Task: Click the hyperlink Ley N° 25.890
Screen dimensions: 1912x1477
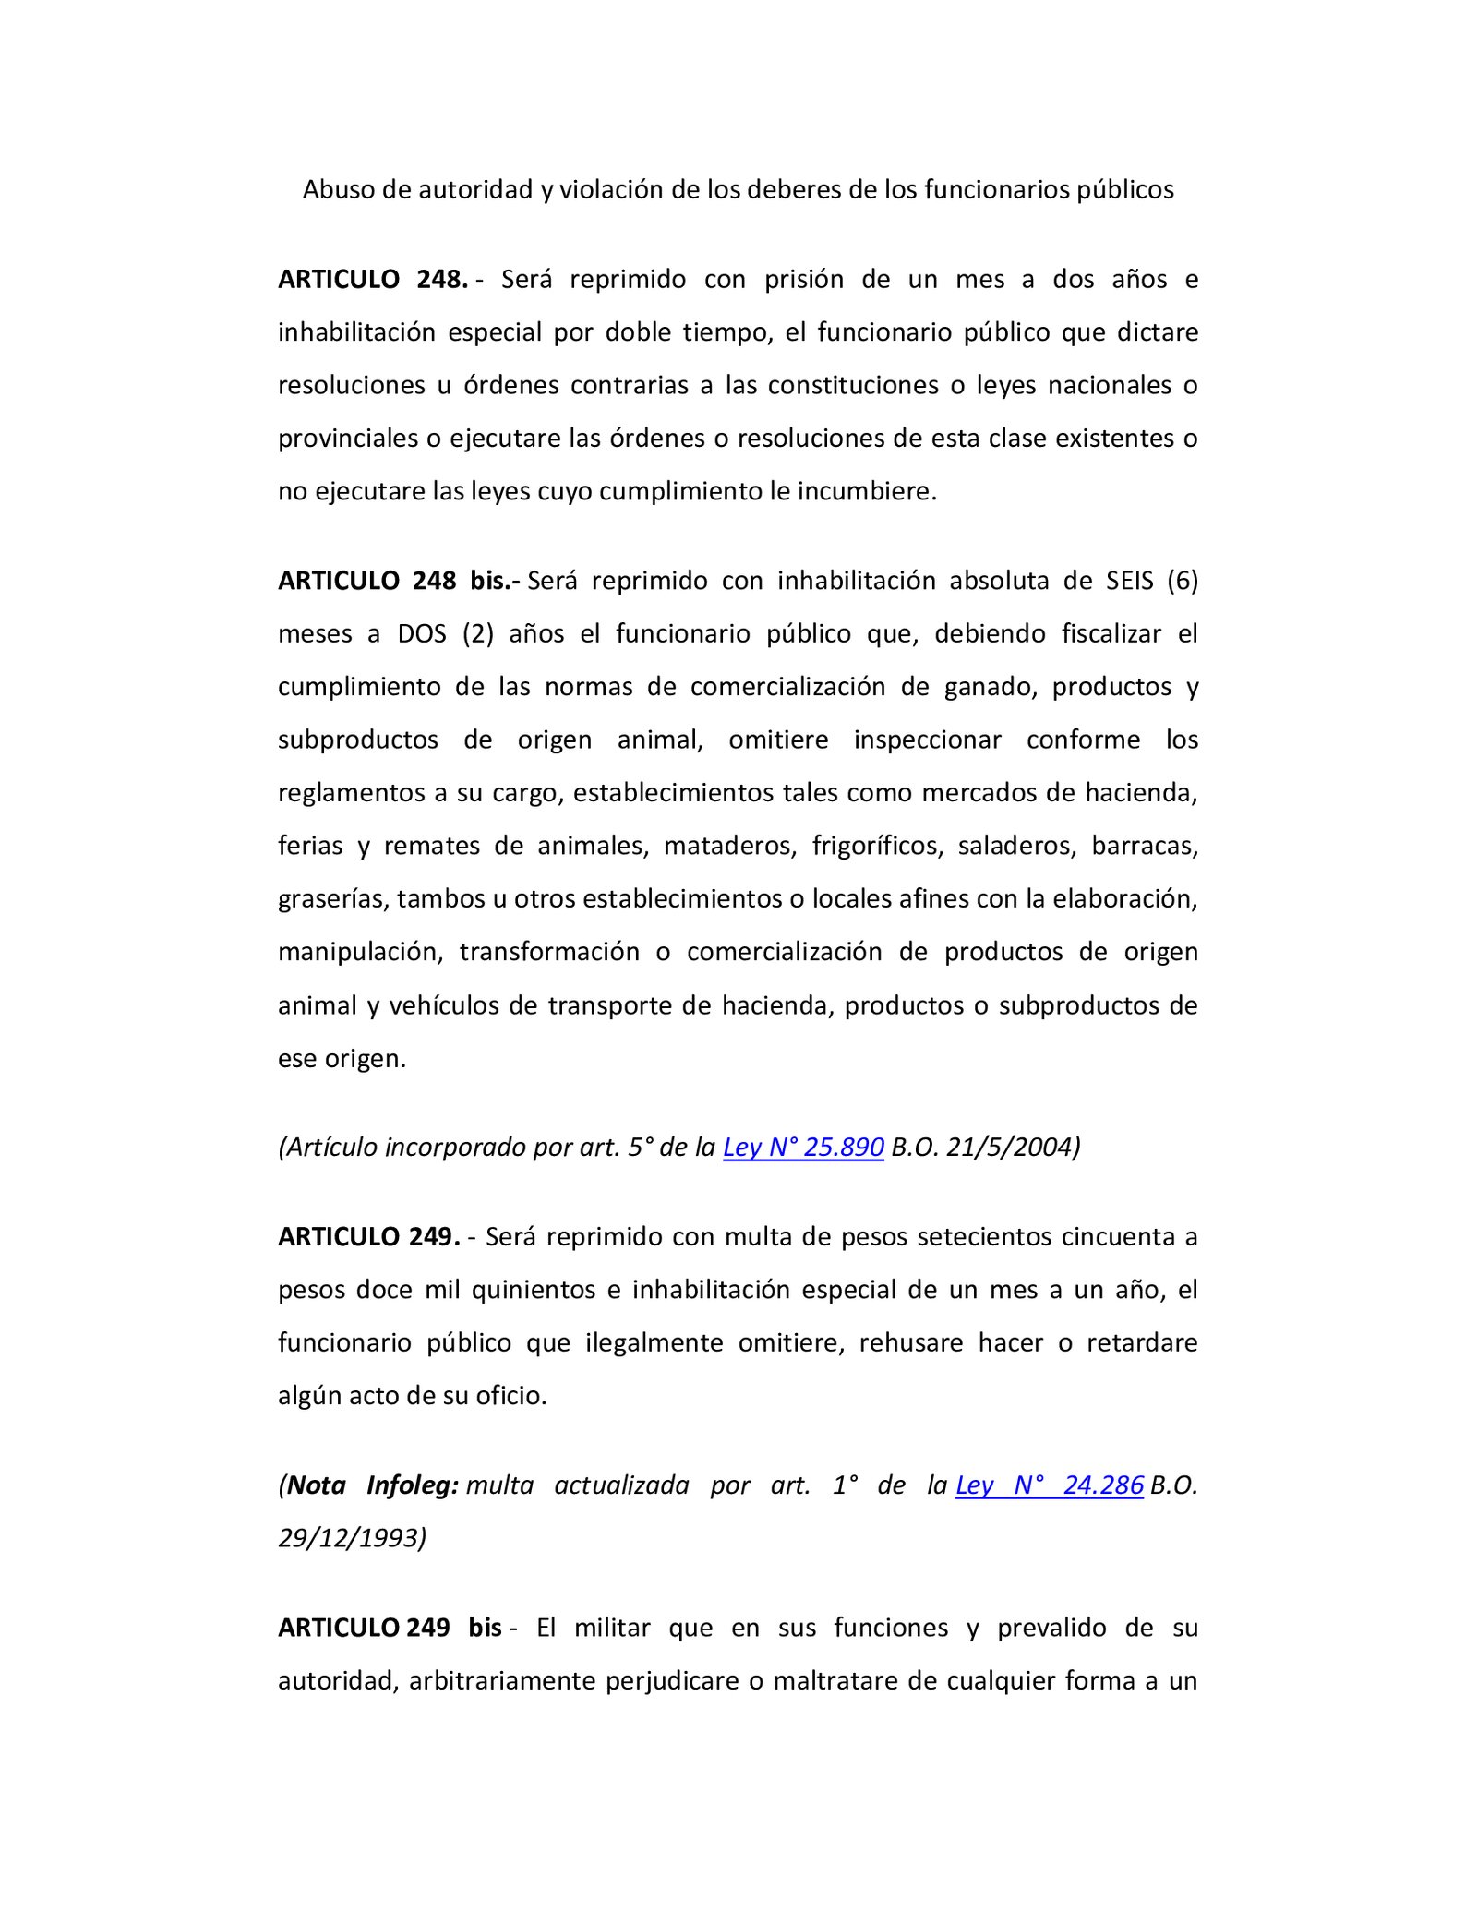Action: point(803,1148)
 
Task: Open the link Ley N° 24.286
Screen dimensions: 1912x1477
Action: point(1050,1485)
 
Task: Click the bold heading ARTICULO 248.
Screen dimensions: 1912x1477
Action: point(373,280)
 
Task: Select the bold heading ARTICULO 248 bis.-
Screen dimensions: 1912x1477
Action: point(399,581)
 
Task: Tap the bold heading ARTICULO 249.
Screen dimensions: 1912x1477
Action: point(369,1237)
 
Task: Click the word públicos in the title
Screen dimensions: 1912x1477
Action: point(1125,190)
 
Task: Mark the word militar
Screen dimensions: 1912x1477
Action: point(612,1628)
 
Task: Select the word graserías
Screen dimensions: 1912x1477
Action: point(332,899)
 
